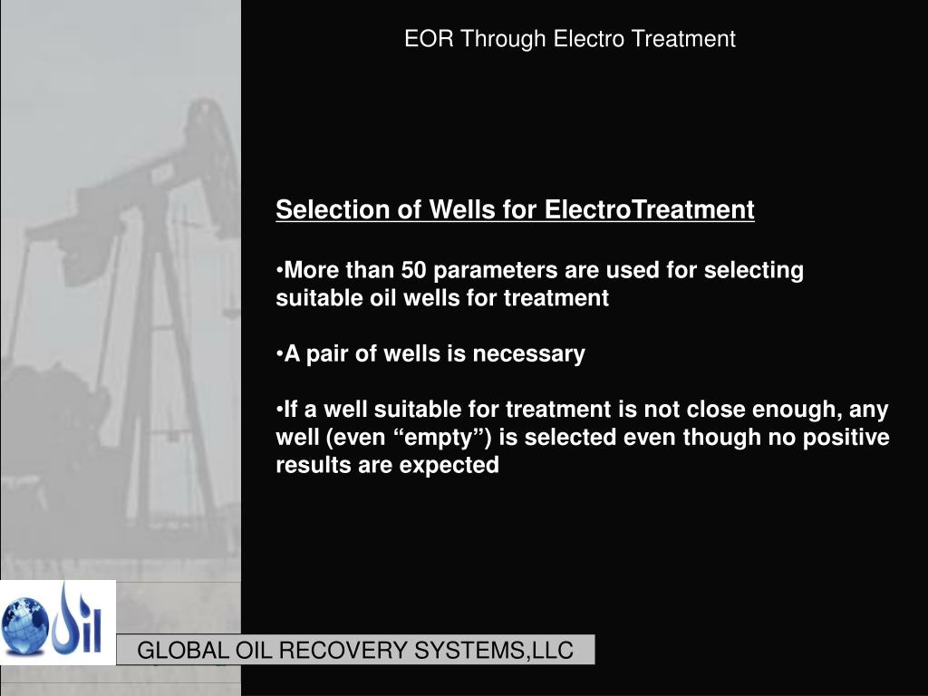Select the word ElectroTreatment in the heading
[649, 210]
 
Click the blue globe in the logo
[24, 623]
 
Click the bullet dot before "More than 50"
[280, 271]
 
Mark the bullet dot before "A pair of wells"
[280, 354]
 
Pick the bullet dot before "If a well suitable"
[280, 411]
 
